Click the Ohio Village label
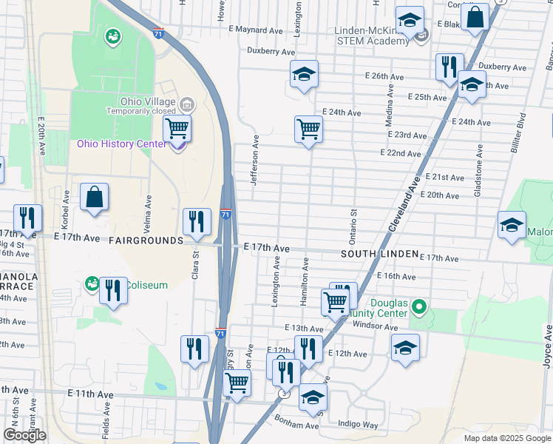[x=149, y=101]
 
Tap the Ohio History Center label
[x=121, y=144]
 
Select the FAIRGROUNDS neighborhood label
[x=146, y=240]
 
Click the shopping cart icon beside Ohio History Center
[x=177, y=129]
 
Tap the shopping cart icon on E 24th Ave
[x=308, y=129]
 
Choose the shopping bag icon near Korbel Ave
[x=94, y=197]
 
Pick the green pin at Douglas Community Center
[x=419, y=305]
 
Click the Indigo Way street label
[x=357, y=425]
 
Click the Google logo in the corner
[x=24, y=436]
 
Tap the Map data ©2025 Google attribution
[x=507, y=438]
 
